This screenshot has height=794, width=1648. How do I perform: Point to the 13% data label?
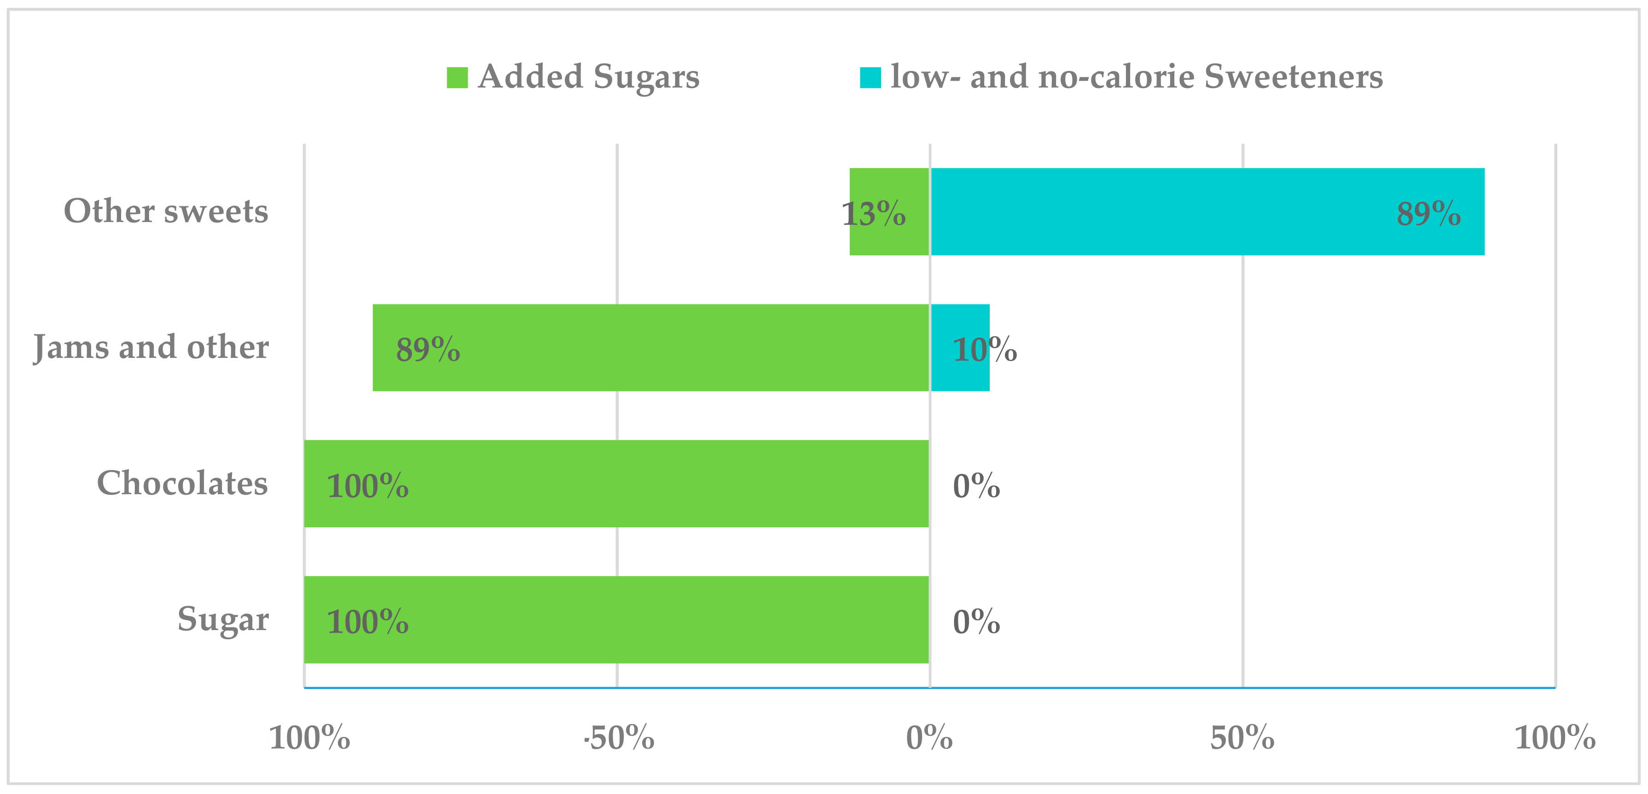[x=873, y=214]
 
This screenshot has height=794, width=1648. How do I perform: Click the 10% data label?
[x=984, y=350]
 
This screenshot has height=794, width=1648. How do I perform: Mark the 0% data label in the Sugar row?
[x=975, y=622]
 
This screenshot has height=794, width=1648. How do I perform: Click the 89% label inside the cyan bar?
[x=1428, y=214]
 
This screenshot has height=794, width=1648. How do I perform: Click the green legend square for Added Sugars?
[x=457, y=77]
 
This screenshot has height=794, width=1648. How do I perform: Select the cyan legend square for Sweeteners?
[x=870, y=77]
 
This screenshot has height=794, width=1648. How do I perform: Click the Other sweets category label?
[x=166, y=211]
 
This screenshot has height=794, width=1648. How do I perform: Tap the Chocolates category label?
[x=182, y=483]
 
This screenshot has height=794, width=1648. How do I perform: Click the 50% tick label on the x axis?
[x=1242, y=738]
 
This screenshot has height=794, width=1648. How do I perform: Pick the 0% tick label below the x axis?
[x=929, y=738]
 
